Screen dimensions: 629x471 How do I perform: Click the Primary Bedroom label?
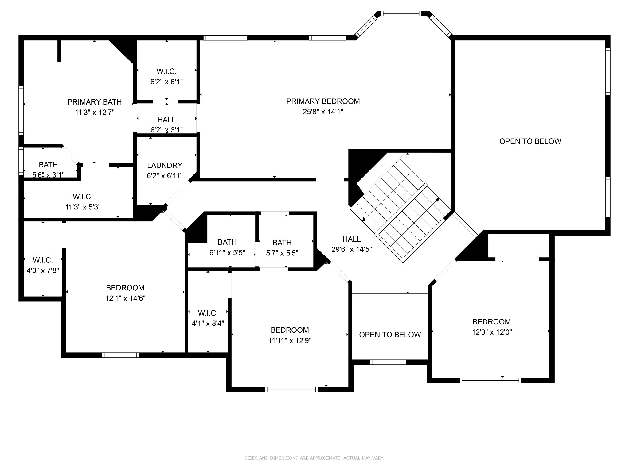pyautogui.click(x=323, y=101)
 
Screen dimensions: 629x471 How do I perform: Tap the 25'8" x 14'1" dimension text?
pyautogui.click(x=323, y=112)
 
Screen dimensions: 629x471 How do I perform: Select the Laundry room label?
pyautogui.click(x=165, y=165)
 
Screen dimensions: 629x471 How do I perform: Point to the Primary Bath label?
pyautogui.click(x=95, y=102)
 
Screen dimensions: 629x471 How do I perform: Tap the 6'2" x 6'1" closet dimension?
pyautogui.click(x=166, y=82)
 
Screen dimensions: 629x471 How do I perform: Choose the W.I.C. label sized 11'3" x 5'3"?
pyautogui.click(x=83, y=197)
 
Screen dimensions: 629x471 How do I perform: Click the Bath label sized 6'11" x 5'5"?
pyautogui.click(x=227, y=242)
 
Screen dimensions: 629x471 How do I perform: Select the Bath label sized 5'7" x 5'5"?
pyautogui.click(x=282, y=243)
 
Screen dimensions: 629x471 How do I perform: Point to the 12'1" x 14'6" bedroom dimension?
pyautogui.click(x=125, y=298)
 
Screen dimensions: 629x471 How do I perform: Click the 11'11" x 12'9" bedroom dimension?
pyautogui.click(x=290, y=341)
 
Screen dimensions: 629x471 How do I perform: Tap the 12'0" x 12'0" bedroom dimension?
pyautogui.click(x=492, y=332)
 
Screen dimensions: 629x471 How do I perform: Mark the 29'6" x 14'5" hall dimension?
pyautogui.click(x=352, y=249)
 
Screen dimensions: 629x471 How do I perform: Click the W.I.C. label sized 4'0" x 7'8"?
pyautogui.click(x=43, y=260)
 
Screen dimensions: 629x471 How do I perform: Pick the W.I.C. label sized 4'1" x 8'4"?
pyautogui.click(x=208, y=313)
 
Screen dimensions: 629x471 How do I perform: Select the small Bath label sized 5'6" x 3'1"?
pyautogui.click(x=48, y=165)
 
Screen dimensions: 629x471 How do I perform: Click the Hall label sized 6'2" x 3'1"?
pyautogui.click(x=166, y=120)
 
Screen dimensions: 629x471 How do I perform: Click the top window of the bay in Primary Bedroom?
pyautogui.click(x=401, y=13)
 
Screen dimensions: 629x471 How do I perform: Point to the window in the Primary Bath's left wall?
pyautogui.click(x=21, y=110)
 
